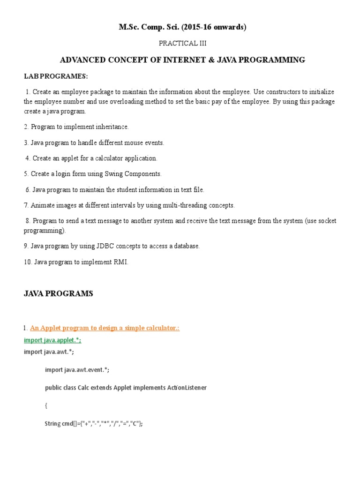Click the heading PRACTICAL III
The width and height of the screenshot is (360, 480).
coord(182,43)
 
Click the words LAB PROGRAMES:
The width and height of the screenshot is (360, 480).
coord(56,76)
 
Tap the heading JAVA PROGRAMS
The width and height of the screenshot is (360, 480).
coord(59,294)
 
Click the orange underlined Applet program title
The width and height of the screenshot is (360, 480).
coord(105,328)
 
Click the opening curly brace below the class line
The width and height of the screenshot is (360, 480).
coord(46,405)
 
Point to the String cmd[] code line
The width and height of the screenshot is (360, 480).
coord(94,424)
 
